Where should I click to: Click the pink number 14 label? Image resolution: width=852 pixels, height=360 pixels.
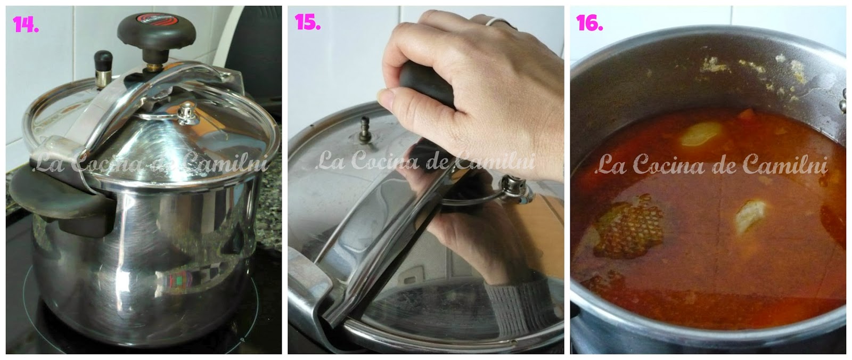[x=26, y=24]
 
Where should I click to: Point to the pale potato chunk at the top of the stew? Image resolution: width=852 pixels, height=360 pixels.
[x=701, y=134]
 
